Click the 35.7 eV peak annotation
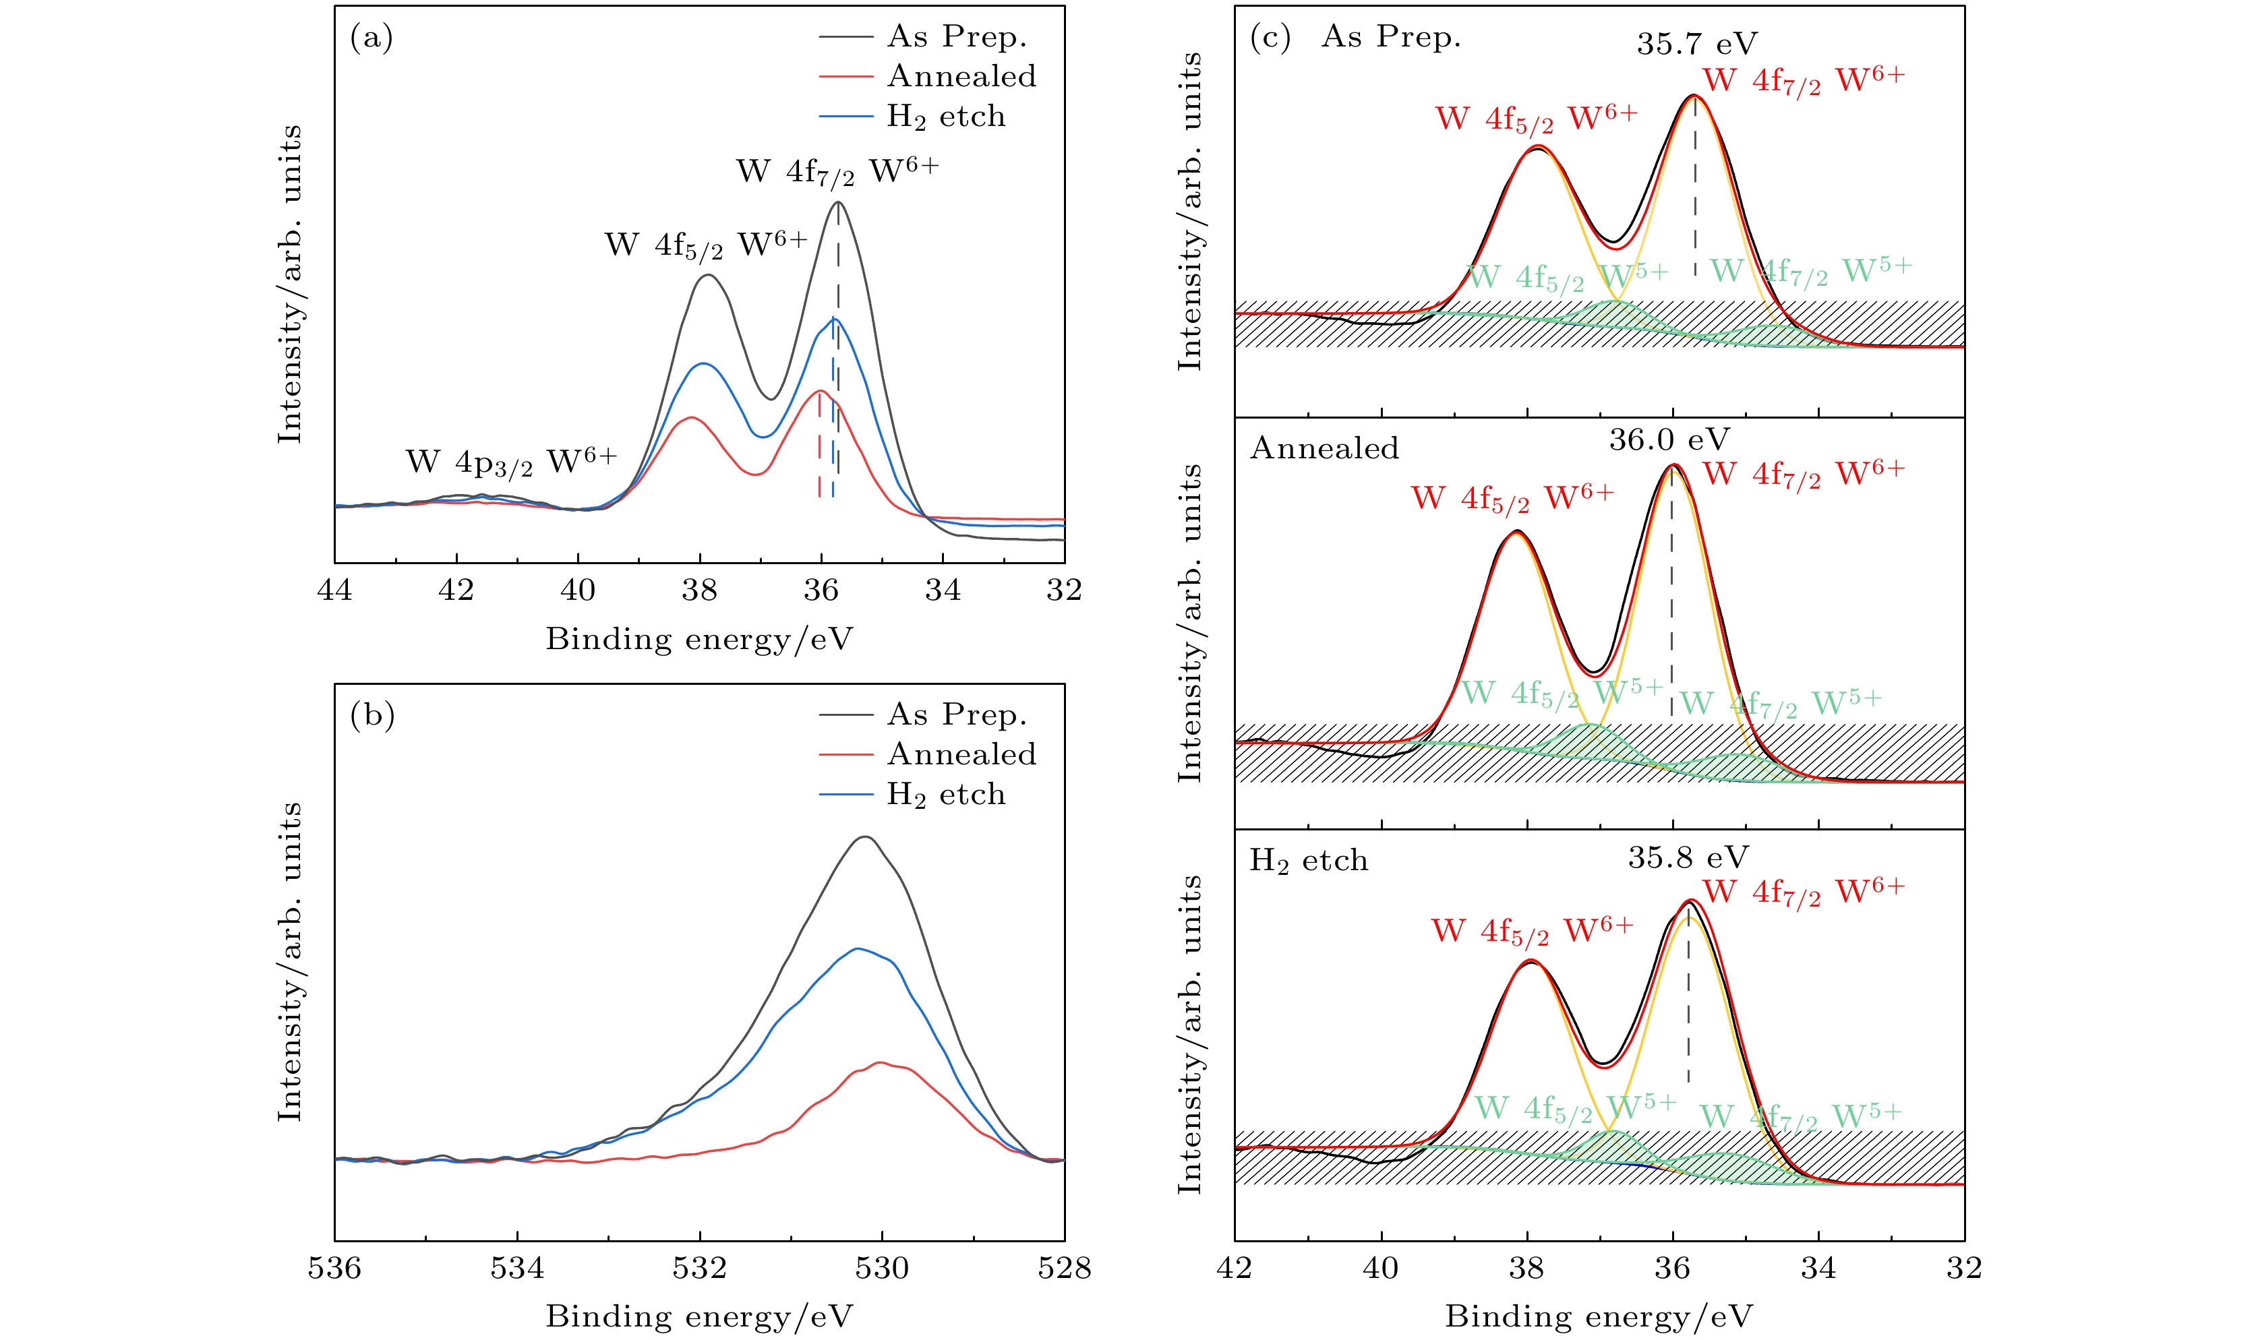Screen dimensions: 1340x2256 (1697, 42)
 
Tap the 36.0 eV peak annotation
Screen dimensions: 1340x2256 (1669, 439)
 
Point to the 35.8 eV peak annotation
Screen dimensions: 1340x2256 (1688, 857)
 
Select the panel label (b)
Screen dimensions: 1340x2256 (372, 715)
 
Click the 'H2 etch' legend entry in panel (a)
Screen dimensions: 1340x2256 (945, 117)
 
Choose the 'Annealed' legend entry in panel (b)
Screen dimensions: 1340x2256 (961, 754)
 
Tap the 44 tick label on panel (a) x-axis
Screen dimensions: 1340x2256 (335, 590)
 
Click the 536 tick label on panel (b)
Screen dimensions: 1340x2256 (335, 1268)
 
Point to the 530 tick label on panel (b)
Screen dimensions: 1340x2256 (881, 1268)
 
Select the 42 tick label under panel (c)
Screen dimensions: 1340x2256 (1235, 1268)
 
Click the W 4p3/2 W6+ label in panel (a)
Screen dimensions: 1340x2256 (511, 462)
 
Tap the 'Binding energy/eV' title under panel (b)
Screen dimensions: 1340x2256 (699, 1316)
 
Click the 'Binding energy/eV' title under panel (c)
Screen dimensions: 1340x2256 (1599, 1316)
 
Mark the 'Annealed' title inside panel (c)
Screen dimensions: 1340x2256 (1324, 448)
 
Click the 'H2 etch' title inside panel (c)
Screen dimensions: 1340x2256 (1309, 861)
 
